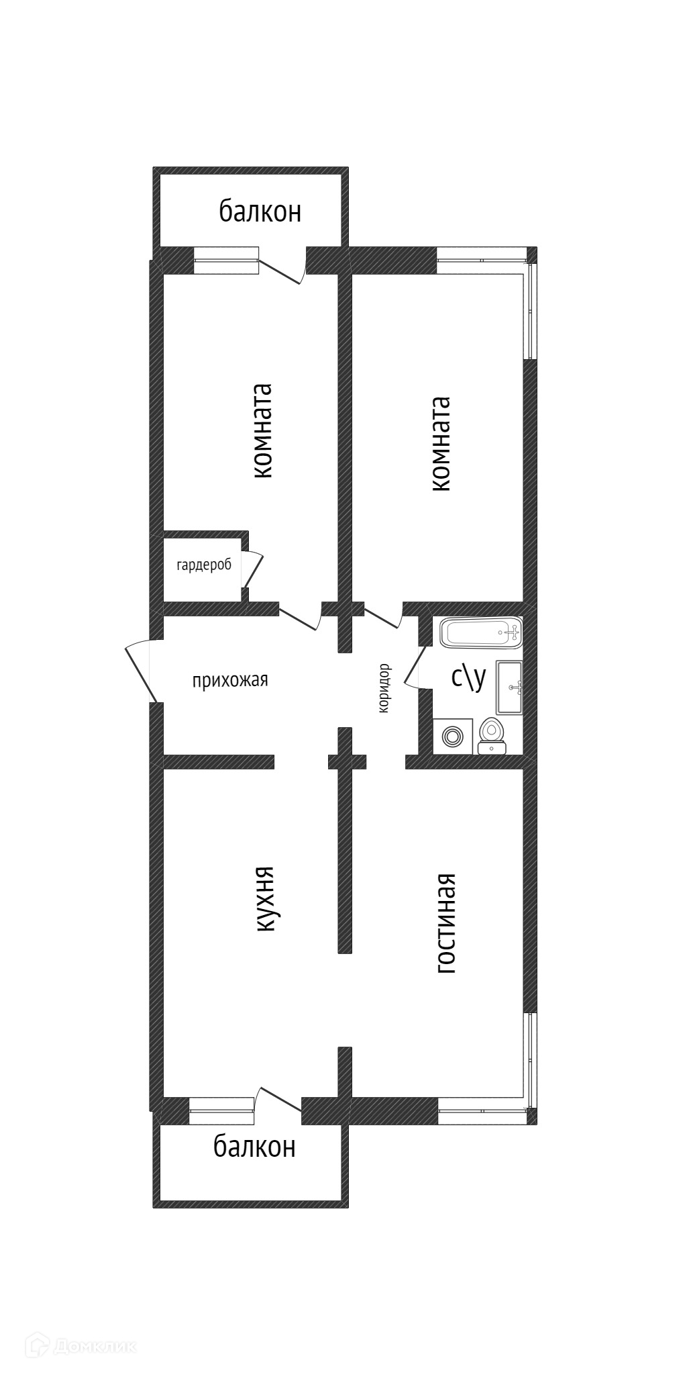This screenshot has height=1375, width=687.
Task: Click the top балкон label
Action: (x=260, y=212)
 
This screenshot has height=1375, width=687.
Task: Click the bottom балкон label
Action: (x=254, y=1147)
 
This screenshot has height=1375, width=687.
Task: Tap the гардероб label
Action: (x=204, y=565)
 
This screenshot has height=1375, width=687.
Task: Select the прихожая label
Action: (x=230, y=680)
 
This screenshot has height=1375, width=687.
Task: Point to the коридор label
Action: (x=384, y=688)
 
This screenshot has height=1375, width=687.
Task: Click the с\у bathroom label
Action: (x=468, y=677)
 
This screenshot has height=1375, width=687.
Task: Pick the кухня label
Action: (x=265, y=899)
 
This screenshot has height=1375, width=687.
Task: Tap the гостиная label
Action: (x=446, y=922)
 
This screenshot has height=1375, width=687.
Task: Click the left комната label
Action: (x=263, y=431)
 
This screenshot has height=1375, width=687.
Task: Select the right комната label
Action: (x=441, y=444)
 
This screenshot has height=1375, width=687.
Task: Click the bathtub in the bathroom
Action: (x=480, y=632)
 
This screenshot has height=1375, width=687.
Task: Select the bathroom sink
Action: (x=509, y=687)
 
